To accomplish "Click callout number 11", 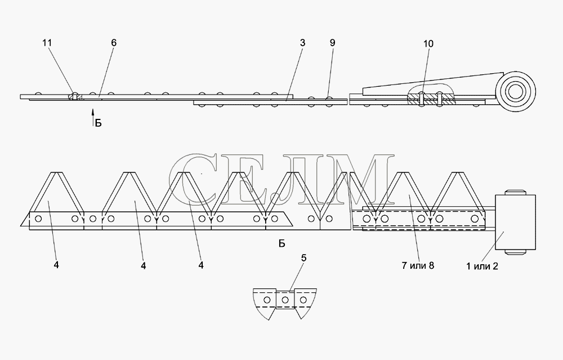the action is tap(47, 43).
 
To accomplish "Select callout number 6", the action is tap(114, 43).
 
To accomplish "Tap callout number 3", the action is tap(303, 43).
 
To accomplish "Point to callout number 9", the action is tap(333, 43).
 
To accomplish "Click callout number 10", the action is tap(428, 44).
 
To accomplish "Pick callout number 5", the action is tap(304, 258).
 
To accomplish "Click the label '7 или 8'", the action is tap(418, 265).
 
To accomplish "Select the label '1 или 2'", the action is tap(482, 266).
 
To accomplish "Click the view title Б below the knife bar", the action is tap(282, 243).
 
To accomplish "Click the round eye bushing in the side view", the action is tap(515, 91).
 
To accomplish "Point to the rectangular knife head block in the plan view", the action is tap(515, 222).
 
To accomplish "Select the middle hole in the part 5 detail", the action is tap(285, 300).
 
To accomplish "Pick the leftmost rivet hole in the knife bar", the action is tap(38, 219).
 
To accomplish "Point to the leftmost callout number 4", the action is tap(56, 265).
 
